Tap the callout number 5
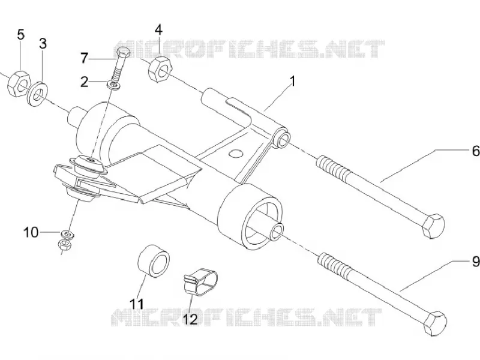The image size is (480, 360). (20, 35)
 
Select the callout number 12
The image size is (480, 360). (190, 320)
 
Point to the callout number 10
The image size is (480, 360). (31, 232)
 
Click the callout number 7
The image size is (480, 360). (85, 58)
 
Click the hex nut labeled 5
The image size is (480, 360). (19, 83)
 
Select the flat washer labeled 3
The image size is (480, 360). (38, 94)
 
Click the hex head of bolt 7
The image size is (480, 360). (124, 53)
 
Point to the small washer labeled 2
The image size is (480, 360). (114, 85)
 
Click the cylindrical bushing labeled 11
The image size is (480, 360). (154, 261)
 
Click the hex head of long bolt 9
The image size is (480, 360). (436, 323)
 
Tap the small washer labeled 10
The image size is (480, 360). (68, 235)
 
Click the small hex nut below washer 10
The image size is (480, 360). (64, 244)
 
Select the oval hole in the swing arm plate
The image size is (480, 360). (236, 153)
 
